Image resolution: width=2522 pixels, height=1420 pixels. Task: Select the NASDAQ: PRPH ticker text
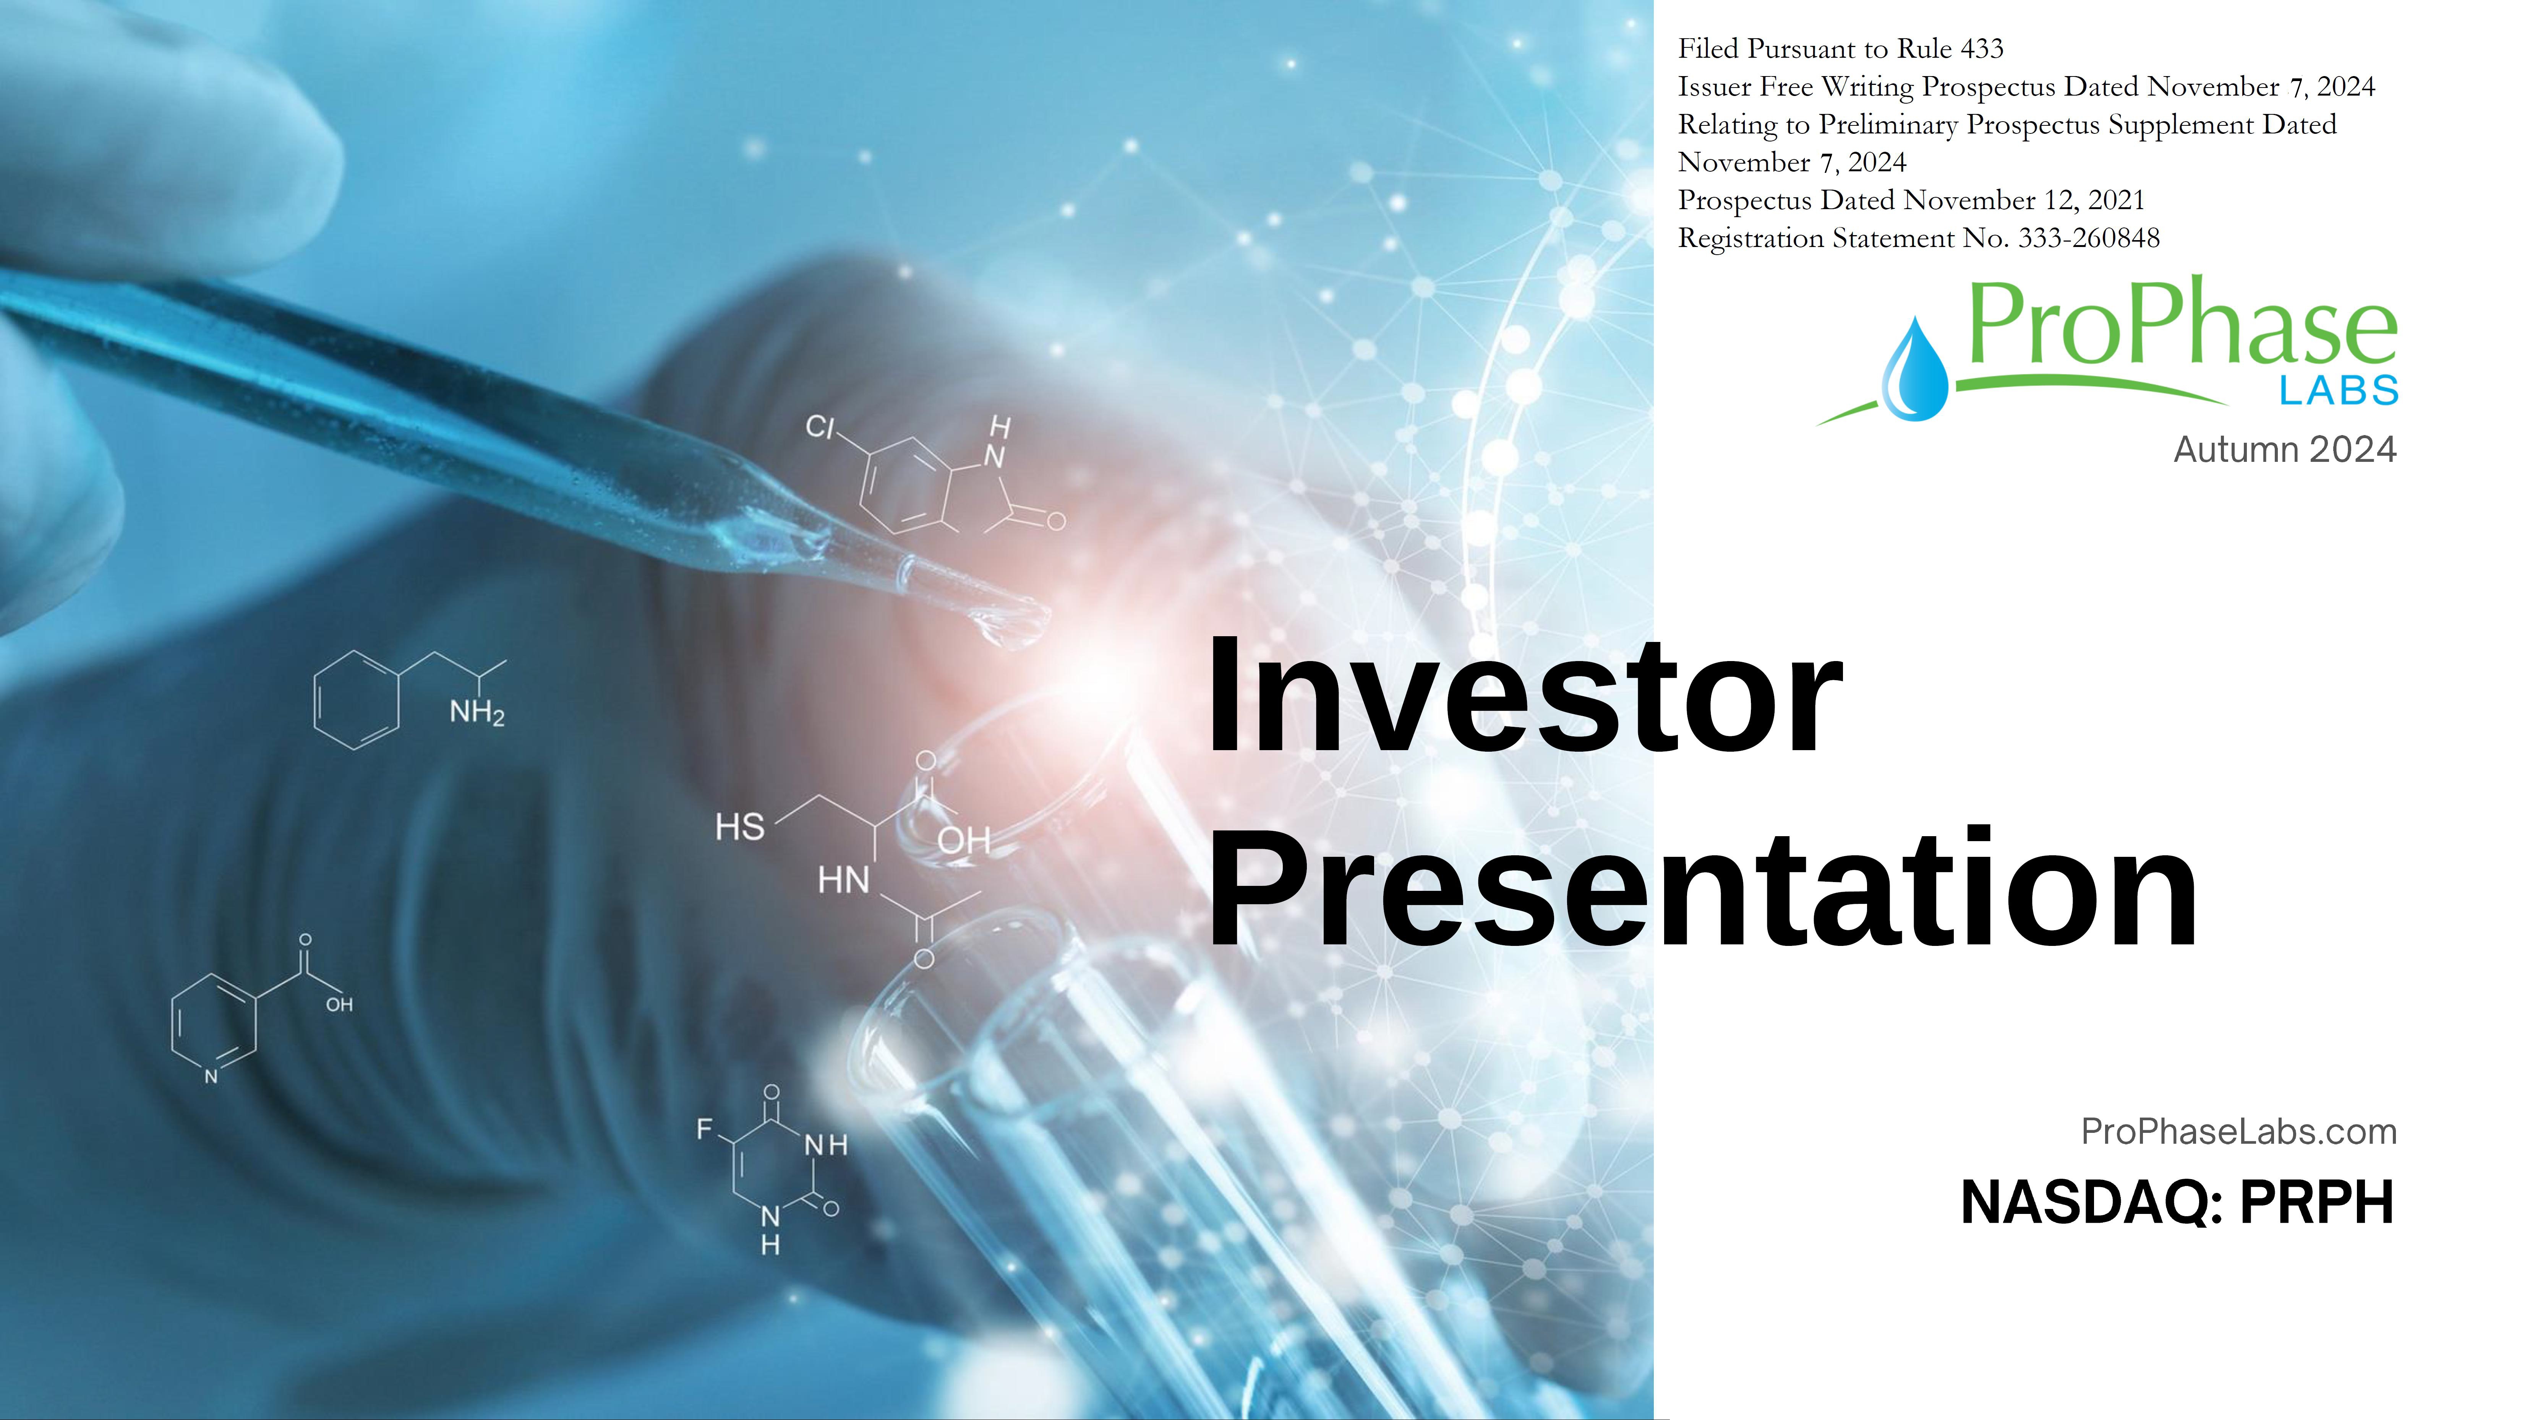pos(2177,1202)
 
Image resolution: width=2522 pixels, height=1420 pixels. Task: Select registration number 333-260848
pos(2088,238)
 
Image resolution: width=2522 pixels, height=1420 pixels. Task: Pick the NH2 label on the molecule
pos(477,712)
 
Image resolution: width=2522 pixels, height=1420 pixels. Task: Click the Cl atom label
pos(819,427)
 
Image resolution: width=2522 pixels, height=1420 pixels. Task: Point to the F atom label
pos(704,1129)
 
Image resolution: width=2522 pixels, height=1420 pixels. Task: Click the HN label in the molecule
pos(843,879)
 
